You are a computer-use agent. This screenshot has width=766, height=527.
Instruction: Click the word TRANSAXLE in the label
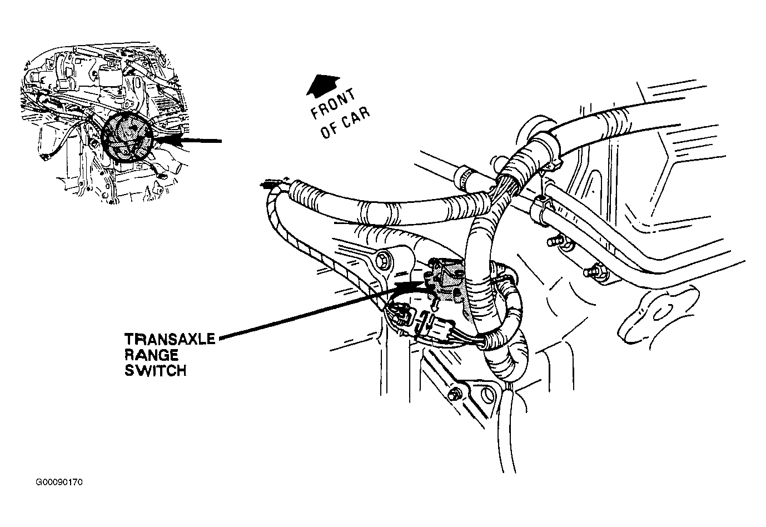169,339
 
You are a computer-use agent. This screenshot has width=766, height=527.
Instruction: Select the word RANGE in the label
151,355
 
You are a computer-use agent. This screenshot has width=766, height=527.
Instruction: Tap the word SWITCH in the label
155,370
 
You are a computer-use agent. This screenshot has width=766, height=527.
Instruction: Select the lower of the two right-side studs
591,271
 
